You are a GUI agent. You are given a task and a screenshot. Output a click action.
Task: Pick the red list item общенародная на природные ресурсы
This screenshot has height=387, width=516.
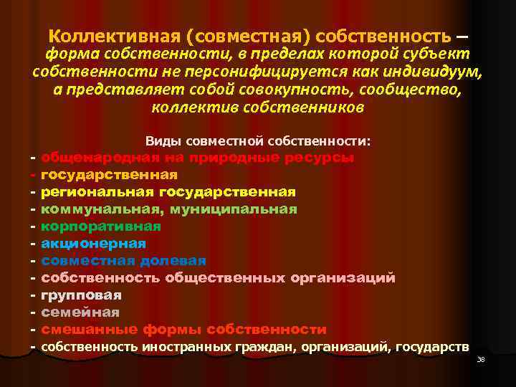click(197, 158)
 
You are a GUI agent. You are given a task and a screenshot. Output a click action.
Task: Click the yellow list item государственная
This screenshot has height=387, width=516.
click(110, 175)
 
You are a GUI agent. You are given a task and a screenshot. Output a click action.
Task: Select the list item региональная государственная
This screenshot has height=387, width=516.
click(168, 192)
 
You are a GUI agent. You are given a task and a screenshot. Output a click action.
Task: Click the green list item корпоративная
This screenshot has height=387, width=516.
click(101, 226)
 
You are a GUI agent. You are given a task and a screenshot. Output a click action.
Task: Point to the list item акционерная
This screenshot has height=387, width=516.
click(94, 244)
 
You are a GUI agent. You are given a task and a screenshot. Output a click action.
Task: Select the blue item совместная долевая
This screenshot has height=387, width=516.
click(124, 261)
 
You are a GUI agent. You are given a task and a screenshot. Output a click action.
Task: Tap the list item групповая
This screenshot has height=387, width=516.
click(82, 295)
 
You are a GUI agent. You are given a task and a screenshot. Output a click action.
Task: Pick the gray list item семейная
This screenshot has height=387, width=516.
click(80, 312)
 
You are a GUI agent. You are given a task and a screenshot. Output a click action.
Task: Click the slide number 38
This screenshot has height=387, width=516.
click(481, 359)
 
